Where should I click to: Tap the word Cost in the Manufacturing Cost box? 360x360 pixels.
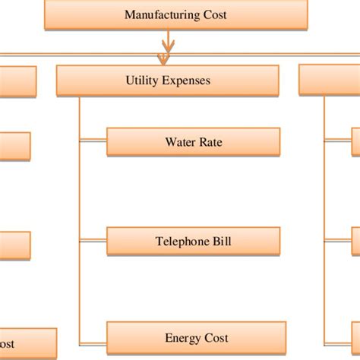point(215,14)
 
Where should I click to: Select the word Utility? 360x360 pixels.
point(142,81)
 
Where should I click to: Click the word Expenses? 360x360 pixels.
point(186,81)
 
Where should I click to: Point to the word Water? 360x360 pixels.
point(180,142)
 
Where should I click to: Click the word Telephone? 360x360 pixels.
point(182,242)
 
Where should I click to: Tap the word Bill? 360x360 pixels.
point(222,242)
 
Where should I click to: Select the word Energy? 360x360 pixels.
point(182,339)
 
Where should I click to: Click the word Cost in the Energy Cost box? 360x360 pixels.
point(216,338)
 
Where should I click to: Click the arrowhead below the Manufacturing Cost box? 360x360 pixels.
point(168,46)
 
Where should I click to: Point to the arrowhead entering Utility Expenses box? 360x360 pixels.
point(163,59)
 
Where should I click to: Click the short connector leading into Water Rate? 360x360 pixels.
point(93,141)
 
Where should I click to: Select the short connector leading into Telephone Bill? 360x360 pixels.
point(93,240)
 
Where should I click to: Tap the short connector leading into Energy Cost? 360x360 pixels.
point(93,344)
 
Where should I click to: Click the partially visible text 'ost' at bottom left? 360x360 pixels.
point(7,344)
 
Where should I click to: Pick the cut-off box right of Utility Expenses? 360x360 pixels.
point(330,80)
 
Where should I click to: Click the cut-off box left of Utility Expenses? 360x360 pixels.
point(18,81)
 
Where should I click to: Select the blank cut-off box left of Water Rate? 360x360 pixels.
point(15,147)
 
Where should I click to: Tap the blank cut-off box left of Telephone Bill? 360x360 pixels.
point(15,245)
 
